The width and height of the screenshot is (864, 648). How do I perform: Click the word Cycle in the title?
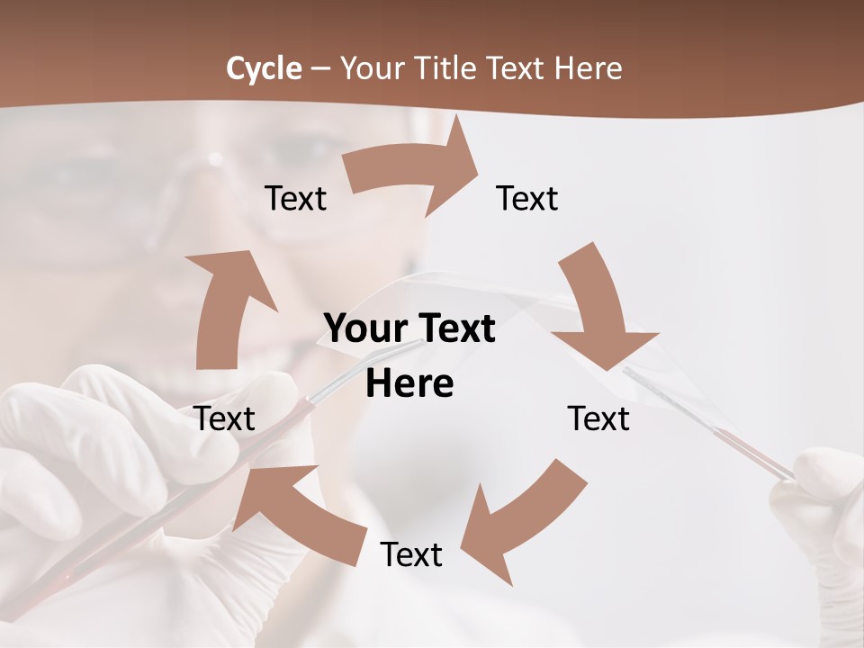[x=264, y=68]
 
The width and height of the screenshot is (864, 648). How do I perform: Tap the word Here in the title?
[x=588, y=68]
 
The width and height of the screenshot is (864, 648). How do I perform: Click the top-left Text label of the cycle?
[x=295, y=199]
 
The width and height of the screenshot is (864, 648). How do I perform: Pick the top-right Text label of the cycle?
[x=527, y=199]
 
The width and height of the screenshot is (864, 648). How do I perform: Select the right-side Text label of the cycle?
[x=598, y=418]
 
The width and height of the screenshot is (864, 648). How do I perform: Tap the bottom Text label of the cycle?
[x=411, y=554]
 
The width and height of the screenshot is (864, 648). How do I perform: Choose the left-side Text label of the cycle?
[x=225, y=418]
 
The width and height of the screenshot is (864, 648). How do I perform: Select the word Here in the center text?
[x=409, y=383]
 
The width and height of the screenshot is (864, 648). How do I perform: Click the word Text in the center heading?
[x=454, y=329]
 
